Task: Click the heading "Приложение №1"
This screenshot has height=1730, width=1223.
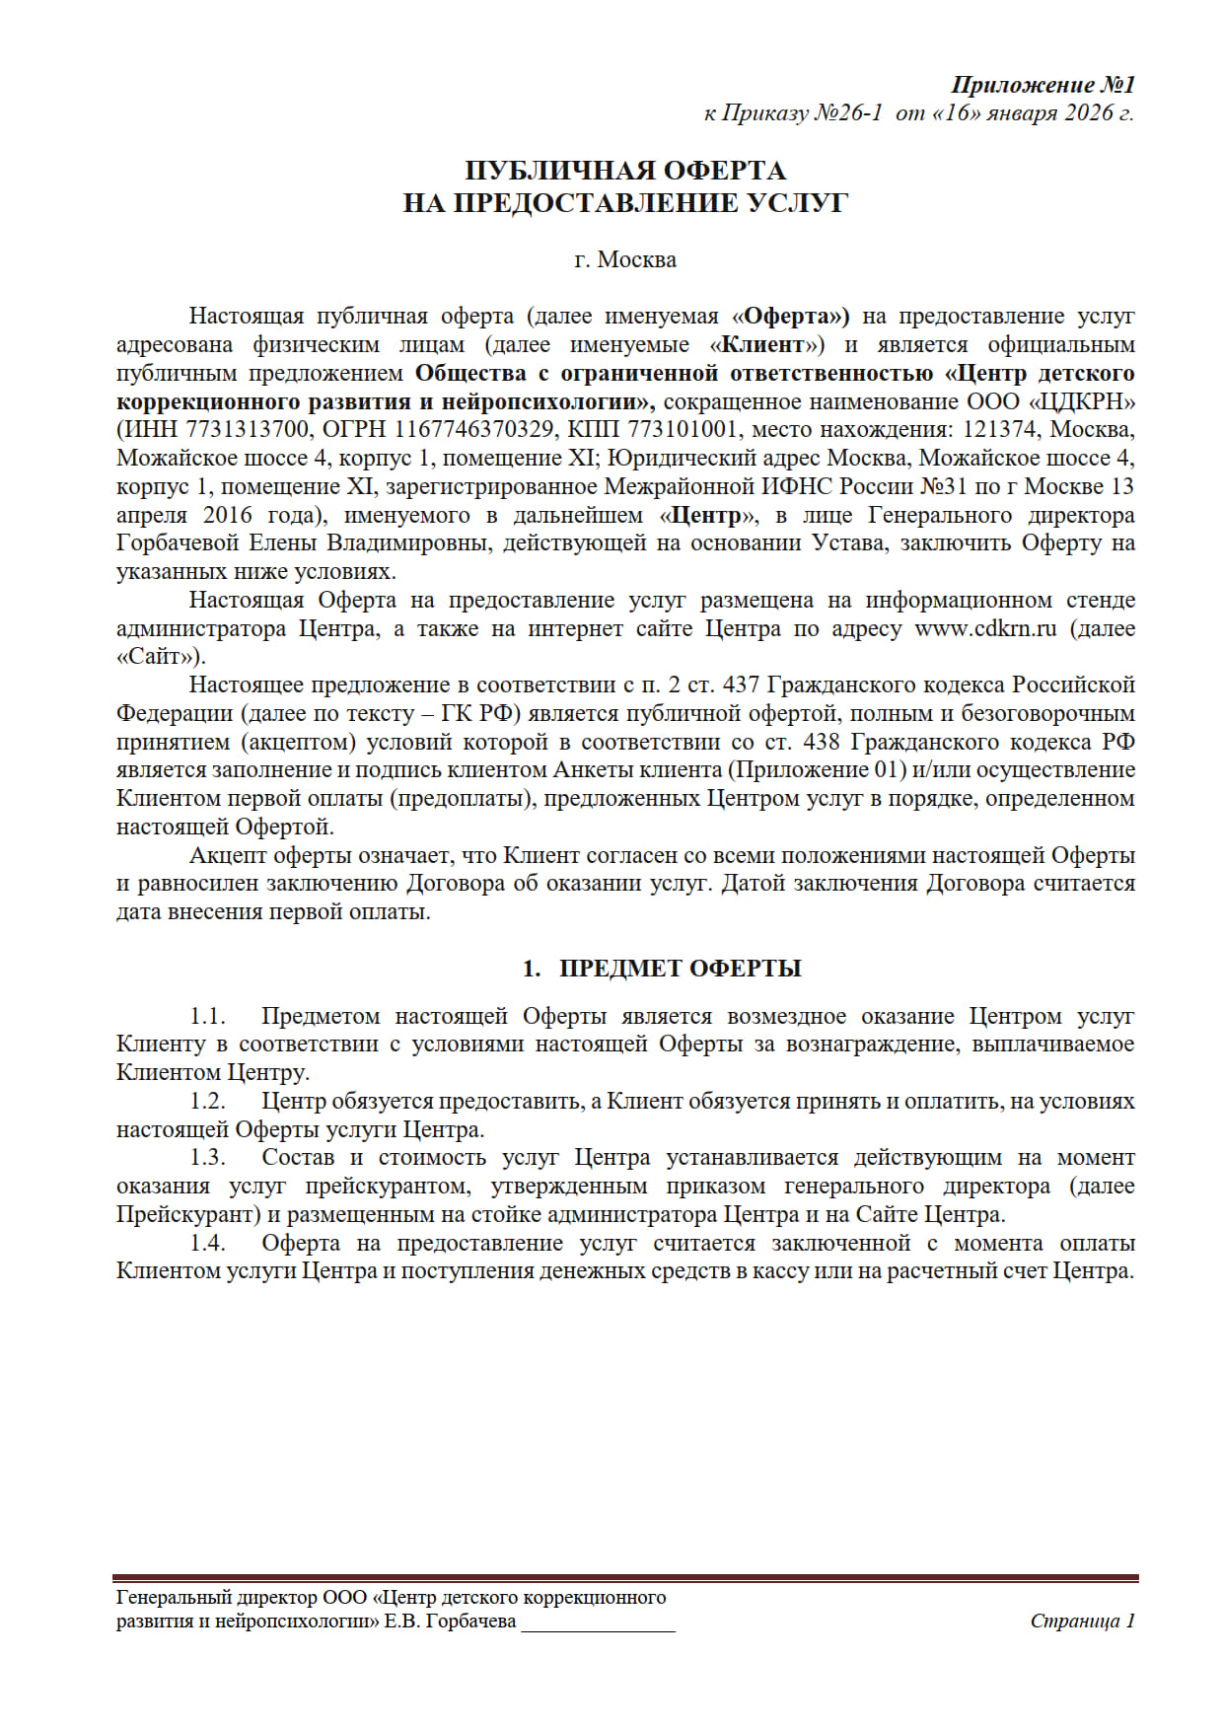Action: point(1043,85)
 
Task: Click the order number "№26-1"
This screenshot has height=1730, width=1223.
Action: point(847,112)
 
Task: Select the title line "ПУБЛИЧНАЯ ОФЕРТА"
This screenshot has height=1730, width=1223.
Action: point(625,171)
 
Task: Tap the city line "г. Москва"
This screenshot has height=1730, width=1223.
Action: point(625,259)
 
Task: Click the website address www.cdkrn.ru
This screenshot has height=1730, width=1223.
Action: point(985,628)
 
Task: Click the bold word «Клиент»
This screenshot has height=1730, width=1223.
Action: point(764,345)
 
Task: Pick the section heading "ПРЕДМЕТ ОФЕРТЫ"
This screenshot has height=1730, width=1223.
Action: point(680,969)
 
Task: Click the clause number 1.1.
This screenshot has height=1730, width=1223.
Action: point(208,1016)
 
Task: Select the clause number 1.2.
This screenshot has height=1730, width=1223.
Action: point(208,1101)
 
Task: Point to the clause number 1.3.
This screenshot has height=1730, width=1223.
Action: point(208,1157)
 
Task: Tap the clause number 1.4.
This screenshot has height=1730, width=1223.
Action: point(208,1243)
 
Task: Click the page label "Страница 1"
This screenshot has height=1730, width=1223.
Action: point(1082,1621)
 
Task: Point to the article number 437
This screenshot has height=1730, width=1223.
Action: point(740,685)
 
